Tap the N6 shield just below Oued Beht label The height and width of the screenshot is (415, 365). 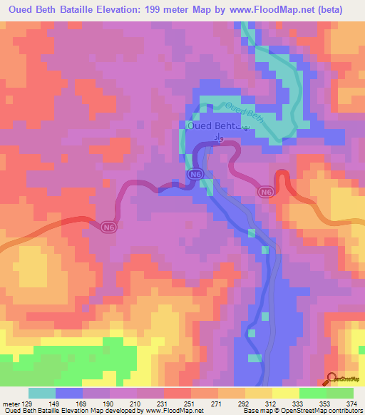[x=194, y=174]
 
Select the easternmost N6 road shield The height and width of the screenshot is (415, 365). [x=266, y=192]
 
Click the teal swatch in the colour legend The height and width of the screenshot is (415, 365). [x=42, y=393]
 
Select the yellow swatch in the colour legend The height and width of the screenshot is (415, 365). [x=286, y=393]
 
